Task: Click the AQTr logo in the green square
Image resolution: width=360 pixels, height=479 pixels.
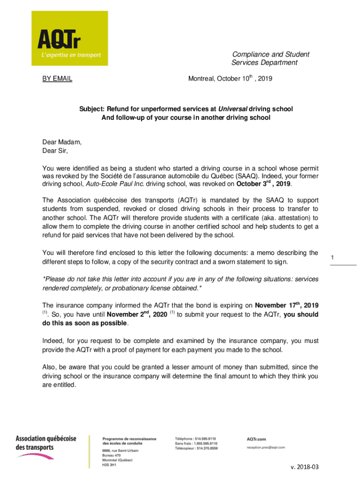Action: coord(69,38)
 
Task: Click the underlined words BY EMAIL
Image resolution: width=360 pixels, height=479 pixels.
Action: coord(58,79)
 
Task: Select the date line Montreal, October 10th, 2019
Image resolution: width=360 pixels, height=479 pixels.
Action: coord(230,79)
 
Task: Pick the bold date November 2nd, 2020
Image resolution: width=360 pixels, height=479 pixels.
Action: coord(137,314)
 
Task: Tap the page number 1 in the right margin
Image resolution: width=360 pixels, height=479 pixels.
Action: coord(332,258)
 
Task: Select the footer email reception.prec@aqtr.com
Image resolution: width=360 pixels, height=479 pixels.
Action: coord(266,448)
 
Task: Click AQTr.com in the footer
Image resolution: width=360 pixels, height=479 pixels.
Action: coord(256,439)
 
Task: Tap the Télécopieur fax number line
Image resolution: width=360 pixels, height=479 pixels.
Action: coord(196,448)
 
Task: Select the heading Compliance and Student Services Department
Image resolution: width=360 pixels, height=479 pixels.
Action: coord(266,58)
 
